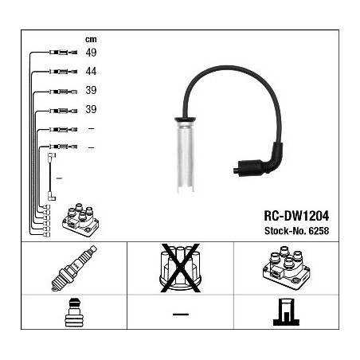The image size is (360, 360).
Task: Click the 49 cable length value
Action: pyautogui.click(x=91, y=53)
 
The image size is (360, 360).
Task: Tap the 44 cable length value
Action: pyautogui.click(x=91, y=71)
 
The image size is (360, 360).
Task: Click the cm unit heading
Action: pyautogui.click(x=91, y=40)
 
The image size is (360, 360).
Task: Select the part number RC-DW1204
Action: pyautogui.click(x=296, y=216)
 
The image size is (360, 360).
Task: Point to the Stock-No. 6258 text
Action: pyautogui.click(x=296, y=231)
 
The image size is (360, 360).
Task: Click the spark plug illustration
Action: pyautogui.click(x=74, y=268)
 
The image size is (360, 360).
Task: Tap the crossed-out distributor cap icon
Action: pyautogui.click(x=180, y=268)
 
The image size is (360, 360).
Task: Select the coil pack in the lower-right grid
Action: pyautogui.click(x=286, y=268)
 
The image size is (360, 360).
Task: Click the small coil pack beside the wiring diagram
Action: pyautogui.click(x=80, y=220)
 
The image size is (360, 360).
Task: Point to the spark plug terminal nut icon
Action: pyautogui.click(x=74, y=312)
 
